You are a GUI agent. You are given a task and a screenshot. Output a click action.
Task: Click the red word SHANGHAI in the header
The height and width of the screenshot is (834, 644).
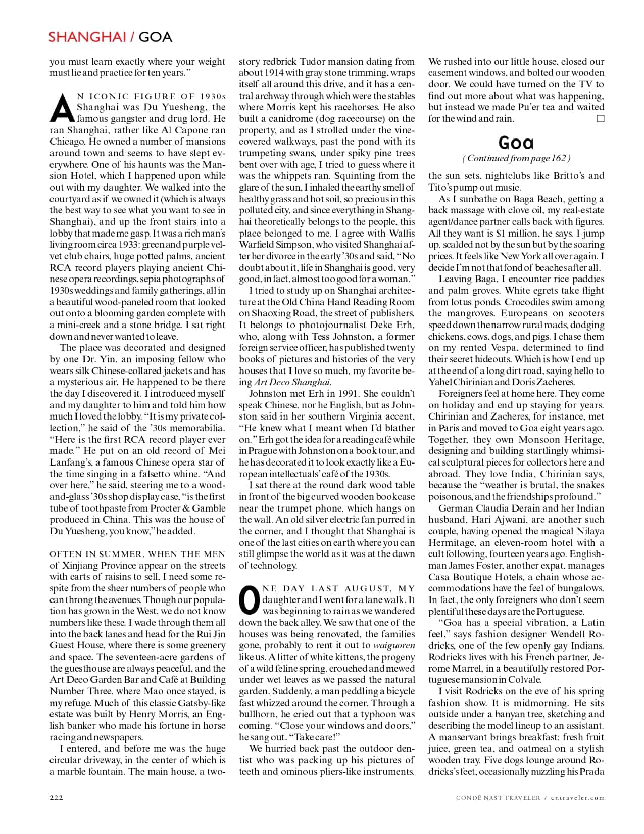coord(87,37)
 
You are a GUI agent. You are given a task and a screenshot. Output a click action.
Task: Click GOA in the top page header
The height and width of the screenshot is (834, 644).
coord(155,37)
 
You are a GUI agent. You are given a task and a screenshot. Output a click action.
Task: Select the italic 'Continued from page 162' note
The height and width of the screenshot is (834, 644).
coord(516,158)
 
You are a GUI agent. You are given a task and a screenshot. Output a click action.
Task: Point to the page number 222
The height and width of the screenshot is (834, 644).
coord(56,797)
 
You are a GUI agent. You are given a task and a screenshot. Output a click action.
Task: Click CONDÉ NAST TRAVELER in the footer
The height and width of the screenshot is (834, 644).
coord(498,798)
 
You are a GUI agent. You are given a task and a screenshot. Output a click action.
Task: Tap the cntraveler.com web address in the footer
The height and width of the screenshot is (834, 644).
coord(577,798)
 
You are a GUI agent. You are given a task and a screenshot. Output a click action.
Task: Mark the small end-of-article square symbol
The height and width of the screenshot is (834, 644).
coord(600,119)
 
